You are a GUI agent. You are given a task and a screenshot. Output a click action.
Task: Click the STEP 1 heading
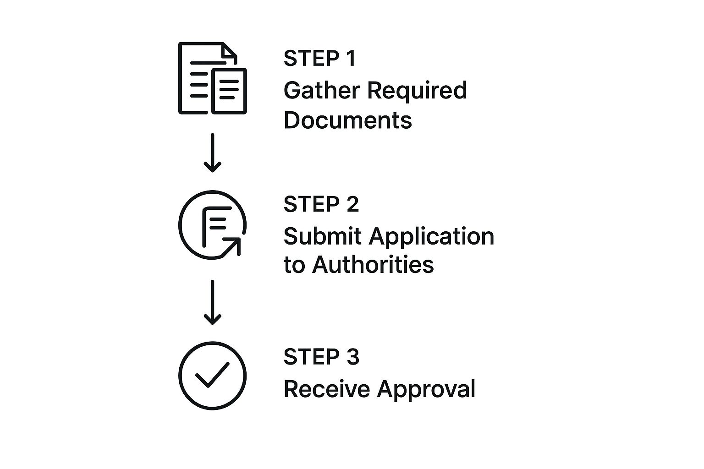[319, 59]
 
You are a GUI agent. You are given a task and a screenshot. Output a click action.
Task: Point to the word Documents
[348, 120]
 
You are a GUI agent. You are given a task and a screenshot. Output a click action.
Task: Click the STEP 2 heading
[321, 204]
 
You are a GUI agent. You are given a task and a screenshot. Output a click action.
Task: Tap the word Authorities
[373, 265]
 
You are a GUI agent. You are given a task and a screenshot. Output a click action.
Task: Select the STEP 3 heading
[321, 357]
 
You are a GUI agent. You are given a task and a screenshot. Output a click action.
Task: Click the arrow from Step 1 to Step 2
[212, 153]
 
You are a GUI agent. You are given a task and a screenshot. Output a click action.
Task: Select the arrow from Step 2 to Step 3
[212, 302]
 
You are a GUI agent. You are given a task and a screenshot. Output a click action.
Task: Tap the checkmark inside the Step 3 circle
[212, 375]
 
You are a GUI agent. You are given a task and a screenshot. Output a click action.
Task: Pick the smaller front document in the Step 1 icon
[229, 91]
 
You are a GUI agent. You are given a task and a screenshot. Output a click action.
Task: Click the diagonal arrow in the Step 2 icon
[232, 246]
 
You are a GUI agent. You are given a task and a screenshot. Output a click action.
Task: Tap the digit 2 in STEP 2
[352, 204]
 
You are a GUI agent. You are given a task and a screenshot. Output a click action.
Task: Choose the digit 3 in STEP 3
[352, 357]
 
